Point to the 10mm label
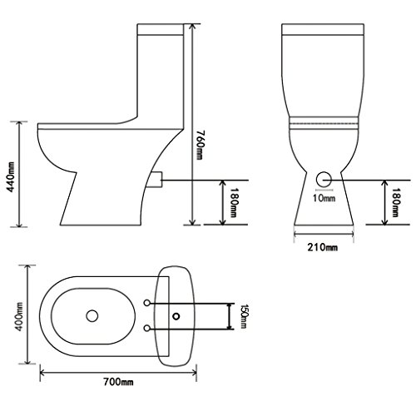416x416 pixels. [x=323, y=198]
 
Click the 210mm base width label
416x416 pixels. [x=324, y=247]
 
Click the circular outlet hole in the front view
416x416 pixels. [x=324, y=177]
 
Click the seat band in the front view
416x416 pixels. [x=323, y=121]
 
